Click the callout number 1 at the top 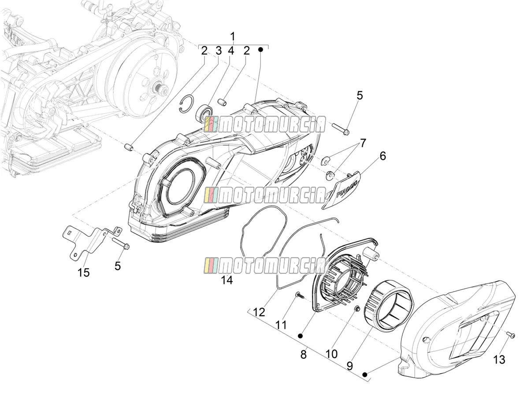click(233, 37)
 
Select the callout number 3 click(219, 51)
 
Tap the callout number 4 click(231, 51)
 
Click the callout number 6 click(382, 156)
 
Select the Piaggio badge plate click(342, 191)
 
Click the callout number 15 click(83, 273)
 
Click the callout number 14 click(227, 280)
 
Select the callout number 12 click(259, 313)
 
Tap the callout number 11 click(281, 325)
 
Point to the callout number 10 click(331, 354)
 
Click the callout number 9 click(350, 366)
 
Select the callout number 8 click(303, 355)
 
